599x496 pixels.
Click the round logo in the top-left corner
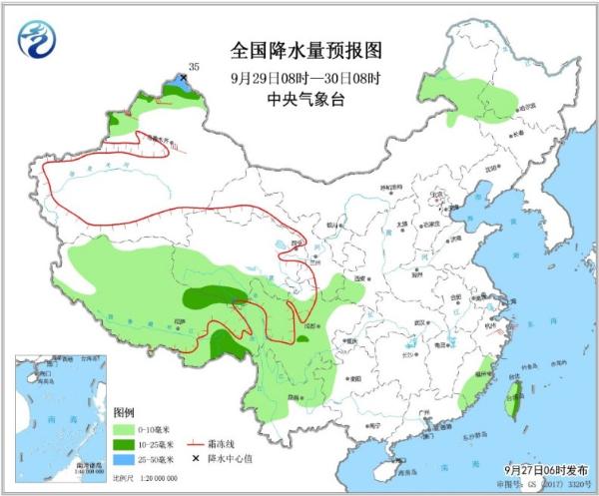pyautogui.click(x=36, y=39)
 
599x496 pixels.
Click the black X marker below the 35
pyautogui.click(x=185, y=77)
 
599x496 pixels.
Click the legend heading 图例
pyautogui.click(x=124, y=412)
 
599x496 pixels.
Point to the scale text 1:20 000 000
pyautogui.click(x=163, y=478)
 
